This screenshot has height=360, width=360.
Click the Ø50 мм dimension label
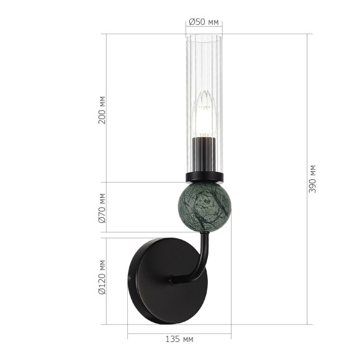point(204,22)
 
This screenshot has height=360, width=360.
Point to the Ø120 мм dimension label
point(102,279)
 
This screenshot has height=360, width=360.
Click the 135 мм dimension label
point(180,340)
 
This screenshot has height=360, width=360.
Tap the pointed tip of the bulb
point(203,93)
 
